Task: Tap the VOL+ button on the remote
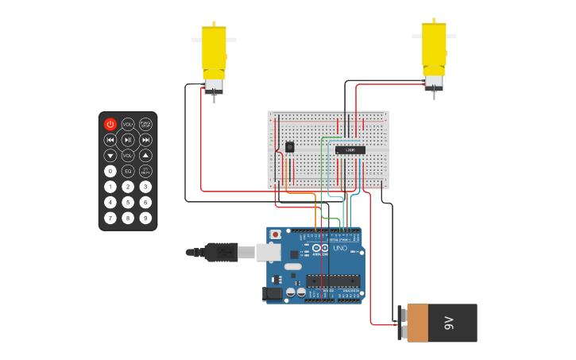[x=128, y=124]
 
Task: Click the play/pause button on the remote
[x=128, y=140]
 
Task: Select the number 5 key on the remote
[x=128, y=202]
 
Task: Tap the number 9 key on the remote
[x=145, y=217]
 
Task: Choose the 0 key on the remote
[x=110, y=171]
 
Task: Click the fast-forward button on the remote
[x=145, y=140]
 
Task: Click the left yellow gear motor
[x=214, y=56]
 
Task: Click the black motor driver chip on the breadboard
[x=350, y=149]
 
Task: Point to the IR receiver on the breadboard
[x=289, y=147]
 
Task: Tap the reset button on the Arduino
[x=276, y=235]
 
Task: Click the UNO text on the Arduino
[x=339, y=249]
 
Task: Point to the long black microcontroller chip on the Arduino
[x=333, y=281]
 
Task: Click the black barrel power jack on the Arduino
[x=273, y=293]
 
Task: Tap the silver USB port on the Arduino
[x=269, y=252]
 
